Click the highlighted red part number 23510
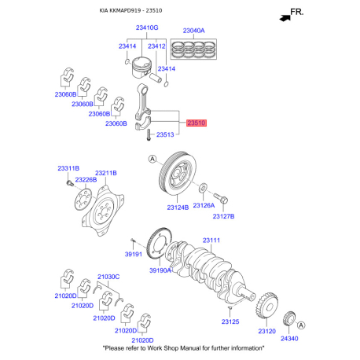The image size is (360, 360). click(197, 123)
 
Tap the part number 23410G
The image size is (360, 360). click(147, 28)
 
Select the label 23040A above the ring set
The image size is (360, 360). click(193, 31)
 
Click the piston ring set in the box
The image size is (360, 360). click(193, 49)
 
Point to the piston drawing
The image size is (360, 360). click(141, 68)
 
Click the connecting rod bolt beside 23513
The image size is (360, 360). click(149, 135)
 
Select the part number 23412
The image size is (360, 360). click(156, 46)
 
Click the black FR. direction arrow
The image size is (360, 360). click(285, 18)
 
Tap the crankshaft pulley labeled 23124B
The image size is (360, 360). click(178, 173)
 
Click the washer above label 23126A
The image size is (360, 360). click(203, 188)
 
